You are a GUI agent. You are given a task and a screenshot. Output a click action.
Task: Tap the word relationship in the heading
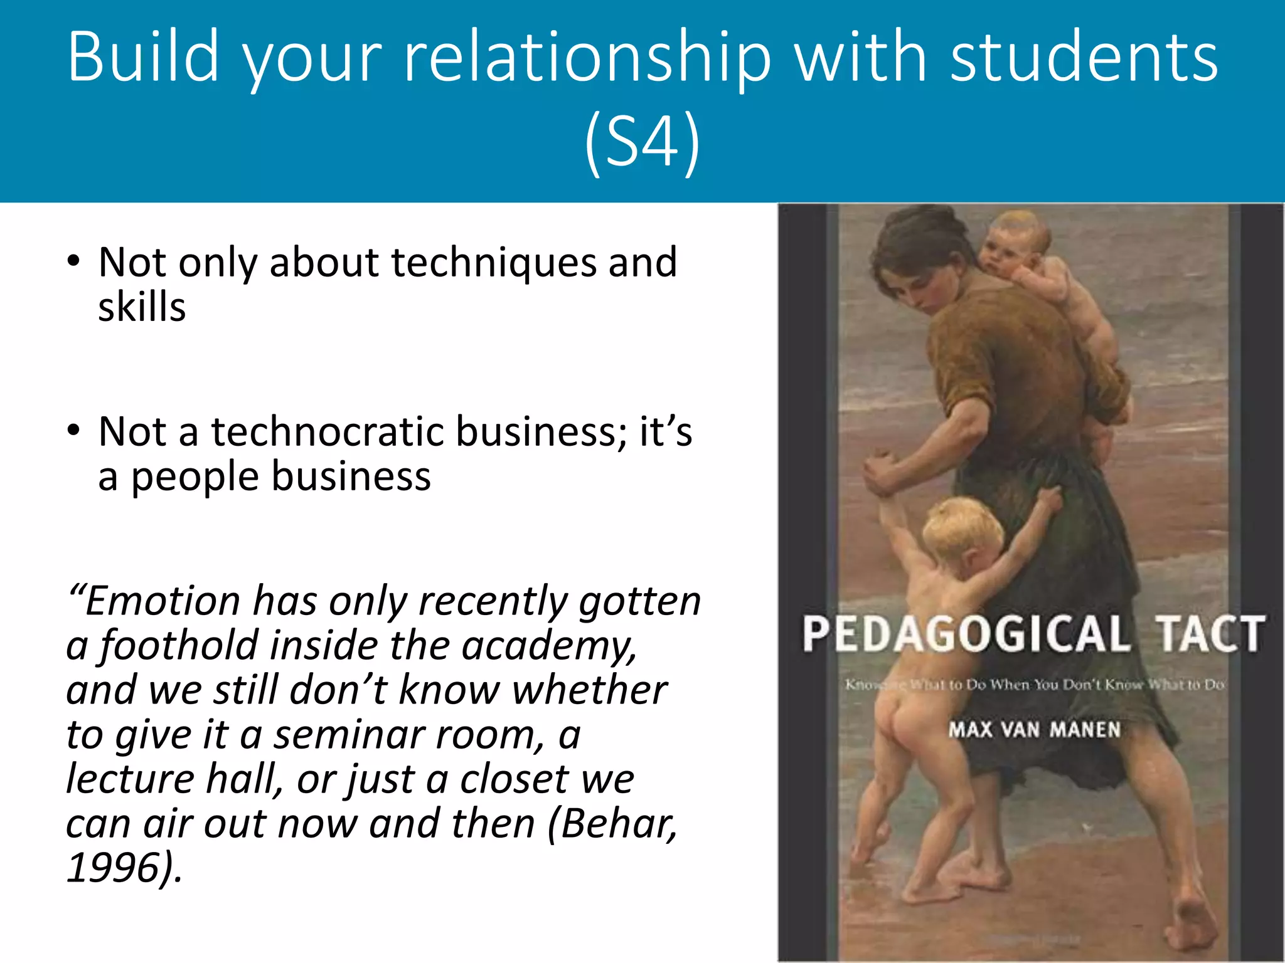coord(586,58)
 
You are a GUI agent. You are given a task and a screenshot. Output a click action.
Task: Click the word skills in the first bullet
coord(142,307)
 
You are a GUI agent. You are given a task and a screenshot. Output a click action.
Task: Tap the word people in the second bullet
coord(195,476)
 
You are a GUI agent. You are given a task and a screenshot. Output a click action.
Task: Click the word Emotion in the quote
coord(162,601)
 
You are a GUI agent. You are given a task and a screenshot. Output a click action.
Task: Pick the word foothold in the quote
coord(178,645)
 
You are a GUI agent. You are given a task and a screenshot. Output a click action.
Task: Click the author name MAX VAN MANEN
coord(1034,730)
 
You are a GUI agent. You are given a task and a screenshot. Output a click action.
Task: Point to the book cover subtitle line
coord(1034,685)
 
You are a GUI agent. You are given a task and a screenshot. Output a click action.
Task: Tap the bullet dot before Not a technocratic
coord(74,430)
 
